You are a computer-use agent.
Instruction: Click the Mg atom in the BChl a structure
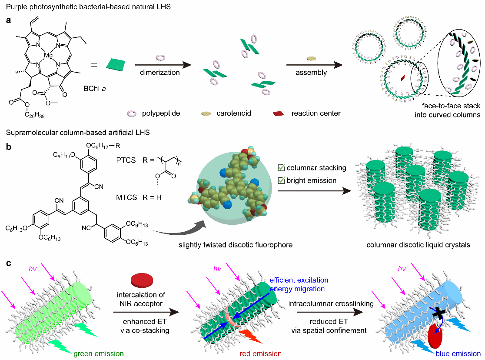48,55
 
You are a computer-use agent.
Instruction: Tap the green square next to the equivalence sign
116,65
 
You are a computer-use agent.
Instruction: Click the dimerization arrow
163,65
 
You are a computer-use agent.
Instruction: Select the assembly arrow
315,65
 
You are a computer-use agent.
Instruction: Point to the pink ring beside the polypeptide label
132,113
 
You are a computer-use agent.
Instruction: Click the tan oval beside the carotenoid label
206,113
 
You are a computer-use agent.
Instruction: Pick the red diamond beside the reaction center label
279,113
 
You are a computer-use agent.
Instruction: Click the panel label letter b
9,147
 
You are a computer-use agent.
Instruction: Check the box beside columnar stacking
281,168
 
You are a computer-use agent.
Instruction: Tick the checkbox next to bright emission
281,180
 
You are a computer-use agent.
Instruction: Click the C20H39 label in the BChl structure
35,115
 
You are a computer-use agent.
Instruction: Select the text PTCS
126,160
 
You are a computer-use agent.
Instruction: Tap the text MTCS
126,197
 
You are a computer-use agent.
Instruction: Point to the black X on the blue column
438,313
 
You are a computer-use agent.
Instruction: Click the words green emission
98,353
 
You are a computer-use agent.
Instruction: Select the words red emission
260,353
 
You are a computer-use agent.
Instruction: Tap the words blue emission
458,353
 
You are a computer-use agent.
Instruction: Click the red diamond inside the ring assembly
403,78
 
